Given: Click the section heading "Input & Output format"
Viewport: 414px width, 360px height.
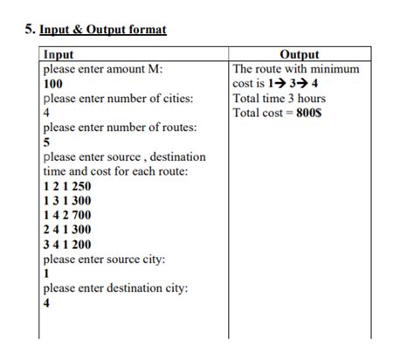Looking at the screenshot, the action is coord(103,30).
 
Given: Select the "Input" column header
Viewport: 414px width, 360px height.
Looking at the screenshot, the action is coord(59,54).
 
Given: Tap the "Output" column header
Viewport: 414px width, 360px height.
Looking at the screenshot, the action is coord(299,54).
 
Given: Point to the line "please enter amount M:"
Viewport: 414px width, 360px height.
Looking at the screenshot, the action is coord(103,69).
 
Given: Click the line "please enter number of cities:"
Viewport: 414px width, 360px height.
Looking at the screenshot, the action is coord(118,98).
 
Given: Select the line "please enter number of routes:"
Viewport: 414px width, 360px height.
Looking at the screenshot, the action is coord(120,128).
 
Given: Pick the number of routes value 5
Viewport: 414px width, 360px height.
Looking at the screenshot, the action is coord(46,142).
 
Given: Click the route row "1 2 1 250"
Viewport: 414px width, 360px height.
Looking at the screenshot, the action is coord(66,186).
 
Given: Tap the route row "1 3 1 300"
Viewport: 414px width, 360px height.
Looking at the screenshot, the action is coord(66,201).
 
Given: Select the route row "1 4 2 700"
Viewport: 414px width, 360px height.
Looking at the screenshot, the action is coord(66,215).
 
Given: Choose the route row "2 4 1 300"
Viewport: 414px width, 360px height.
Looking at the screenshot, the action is coord(66,230).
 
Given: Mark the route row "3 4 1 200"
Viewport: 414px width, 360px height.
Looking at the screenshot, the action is coord(66,245).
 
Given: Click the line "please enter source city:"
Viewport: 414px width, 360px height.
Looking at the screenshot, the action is coord(104,260).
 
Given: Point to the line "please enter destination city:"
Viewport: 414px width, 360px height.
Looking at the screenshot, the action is coord(116,288).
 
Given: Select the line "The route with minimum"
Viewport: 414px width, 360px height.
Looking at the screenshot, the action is coord(296,69).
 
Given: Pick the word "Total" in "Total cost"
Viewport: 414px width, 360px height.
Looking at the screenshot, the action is coord(248,113).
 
